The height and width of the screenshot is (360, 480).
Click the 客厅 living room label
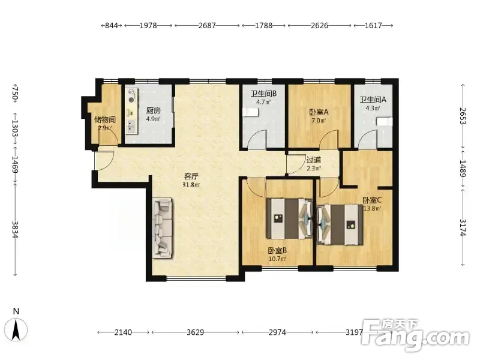point(191,176)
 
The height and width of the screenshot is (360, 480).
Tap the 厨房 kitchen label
point(154,110)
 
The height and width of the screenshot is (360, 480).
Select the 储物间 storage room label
point(104,119)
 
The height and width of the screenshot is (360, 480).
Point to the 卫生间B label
point(263,94)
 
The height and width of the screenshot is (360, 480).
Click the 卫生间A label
point(373,100)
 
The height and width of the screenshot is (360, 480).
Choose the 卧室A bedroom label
point(319,112)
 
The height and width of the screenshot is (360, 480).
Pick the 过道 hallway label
point(314,160)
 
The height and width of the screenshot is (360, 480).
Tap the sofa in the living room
point(163,227)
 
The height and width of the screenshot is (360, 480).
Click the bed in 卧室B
point(289,218)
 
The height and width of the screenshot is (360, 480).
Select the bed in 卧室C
point(340,224)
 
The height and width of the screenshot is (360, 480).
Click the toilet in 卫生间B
point(251,112)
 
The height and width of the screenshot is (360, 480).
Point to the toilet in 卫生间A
point(385,122)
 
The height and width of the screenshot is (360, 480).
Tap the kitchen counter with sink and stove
point(131,111)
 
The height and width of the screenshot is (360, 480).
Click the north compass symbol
point(16,329)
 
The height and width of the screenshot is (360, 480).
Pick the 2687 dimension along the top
point(207,25)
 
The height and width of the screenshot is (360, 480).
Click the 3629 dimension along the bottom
point(196,332)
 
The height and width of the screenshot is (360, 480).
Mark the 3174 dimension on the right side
point(463,228)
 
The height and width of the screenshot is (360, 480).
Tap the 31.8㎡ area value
point(191,185)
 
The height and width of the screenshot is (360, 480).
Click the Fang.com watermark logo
point(415,335)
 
